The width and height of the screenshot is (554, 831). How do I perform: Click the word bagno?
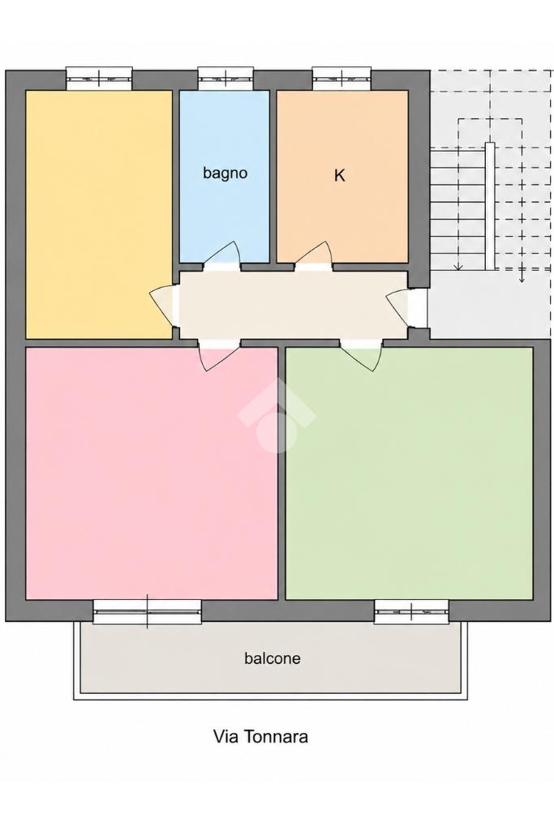coord(225,173)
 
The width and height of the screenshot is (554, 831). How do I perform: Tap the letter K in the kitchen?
coord(339,175)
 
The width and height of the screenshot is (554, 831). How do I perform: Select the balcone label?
coord(272,658)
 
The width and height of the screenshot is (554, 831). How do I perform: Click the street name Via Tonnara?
coord(260,736)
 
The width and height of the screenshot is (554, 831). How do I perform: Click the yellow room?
coord(99,214)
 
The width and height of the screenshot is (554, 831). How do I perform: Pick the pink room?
coord(152,473)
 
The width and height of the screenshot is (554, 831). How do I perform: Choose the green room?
coord(409,473)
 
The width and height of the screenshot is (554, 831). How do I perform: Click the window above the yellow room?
coord(99,79)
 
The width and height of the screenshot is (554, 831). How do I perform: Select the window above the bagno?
coord(225,79)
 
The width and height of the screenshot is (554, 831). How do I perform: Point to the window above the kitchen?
coord(342,79)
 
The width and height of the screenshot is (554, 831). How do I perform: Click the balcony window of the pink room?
coord(148,611)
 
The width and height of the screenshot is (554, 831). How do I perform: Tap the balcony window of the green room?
coord(411,611)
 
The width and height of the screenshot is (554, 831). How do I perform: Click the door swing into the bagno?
coord(223,254)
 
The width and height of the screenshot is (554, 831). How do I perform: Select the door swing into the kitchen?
coord(314,254)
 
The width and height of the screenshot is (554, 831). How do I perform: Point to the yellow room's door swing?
coord(162,306)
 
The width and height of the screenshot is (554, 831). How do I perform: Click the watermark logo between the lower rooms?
coord(277,415)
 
